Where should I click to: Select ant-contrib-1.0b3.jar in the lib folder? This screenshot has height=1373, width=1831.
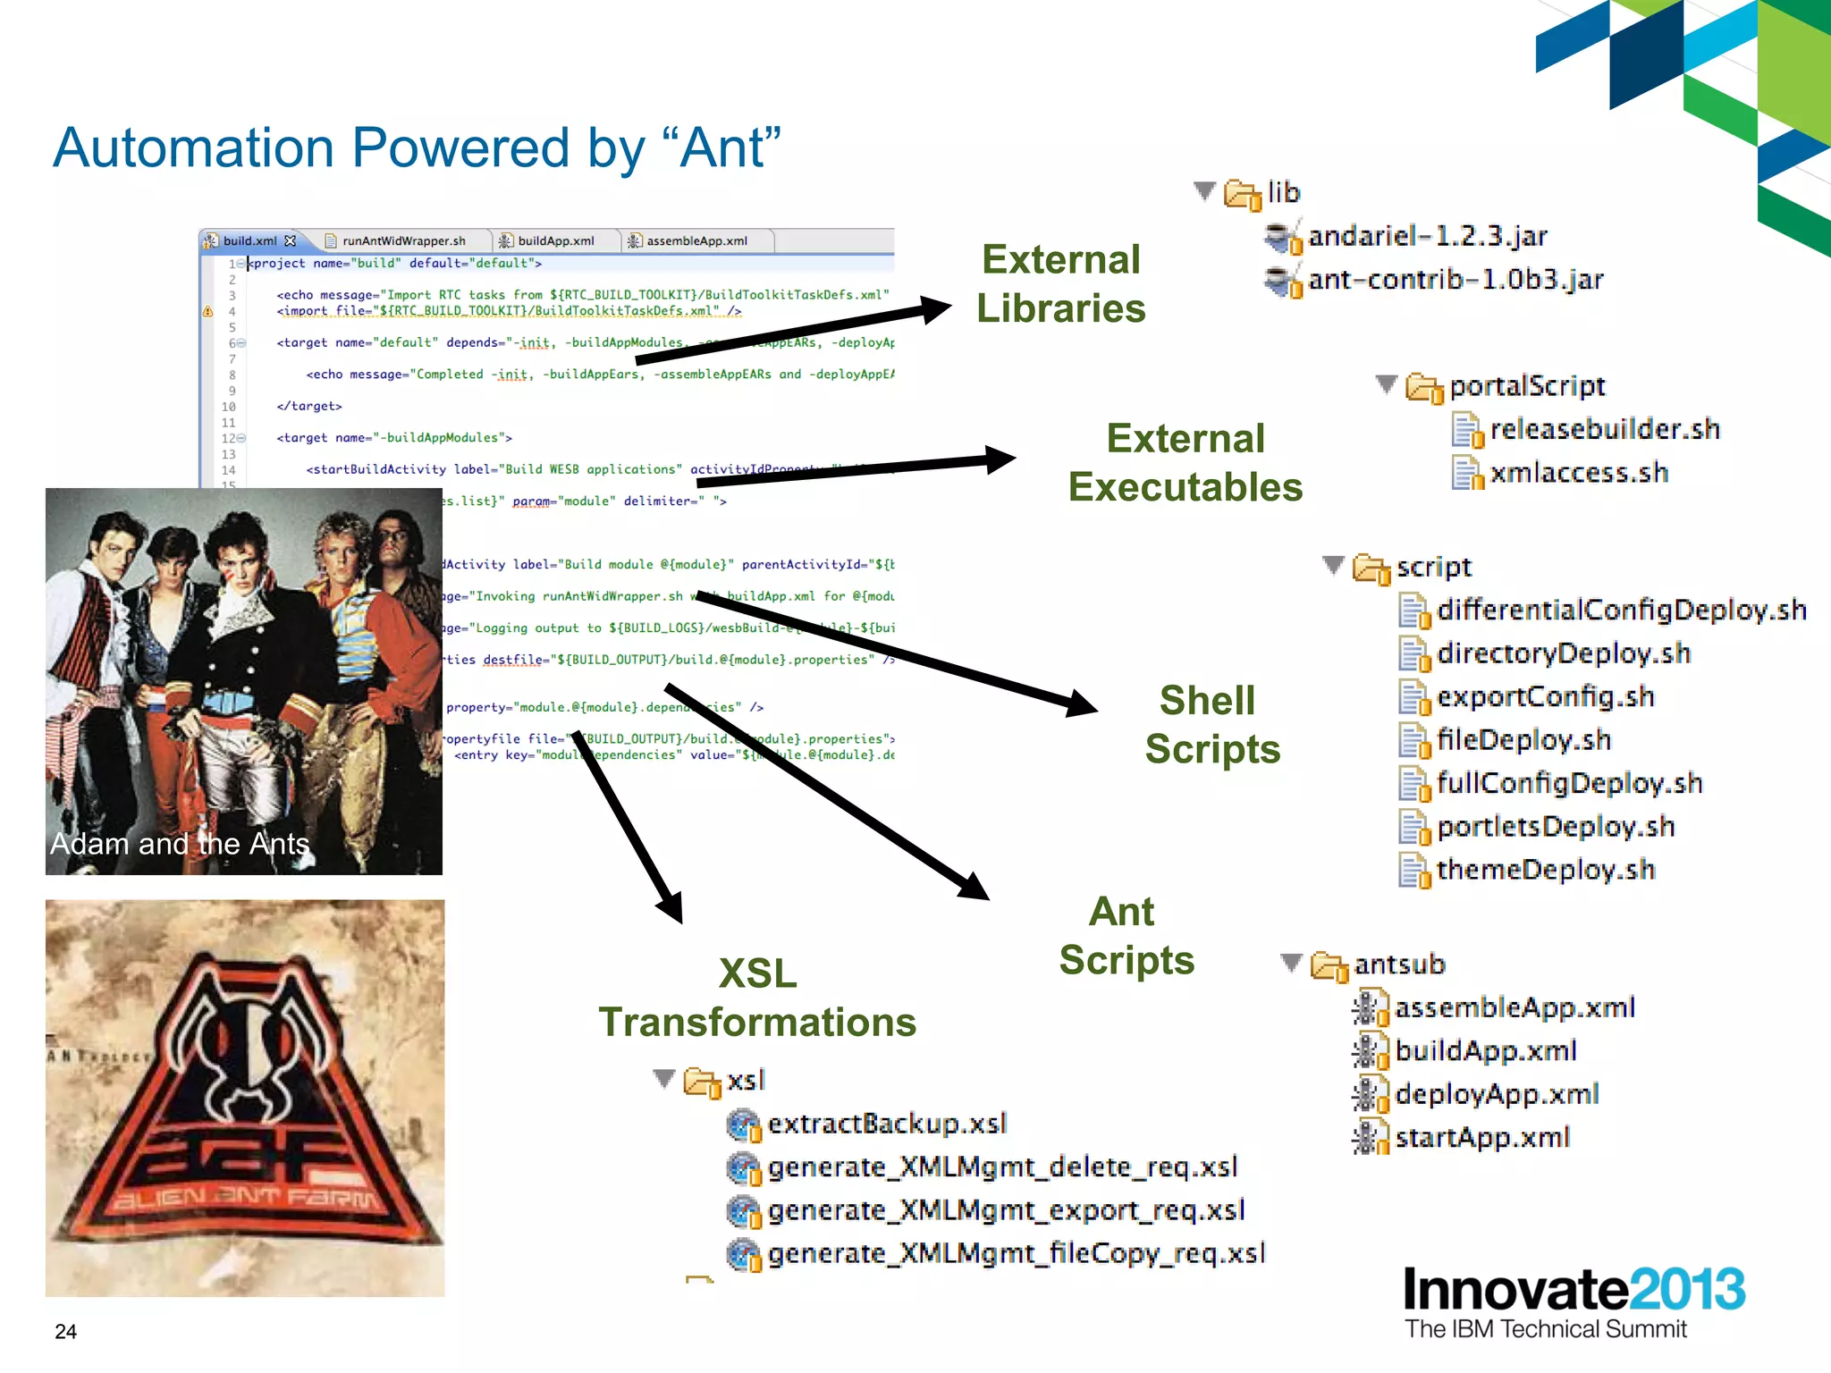(1455, 281)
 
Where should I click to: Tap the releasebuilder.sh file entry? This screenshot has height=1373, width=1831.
(1604, 430)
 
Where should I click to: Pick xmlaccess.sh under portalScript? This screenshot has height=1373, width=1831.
(1578, 473)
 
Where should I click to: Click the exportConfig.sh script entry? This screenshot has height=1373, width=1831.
(1545, 697)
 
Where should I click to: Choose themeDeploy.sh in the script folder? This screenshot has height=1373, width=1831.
(1545, 870)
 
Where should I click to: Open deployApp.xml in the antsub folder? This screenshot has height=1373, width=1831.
(1496, 1094)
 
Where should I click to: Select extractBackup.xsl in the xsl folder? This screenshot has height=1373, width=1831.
(886, 1124)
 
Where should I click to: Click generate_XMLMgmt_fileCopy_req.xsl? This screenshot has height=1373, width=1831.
(1016, 1253)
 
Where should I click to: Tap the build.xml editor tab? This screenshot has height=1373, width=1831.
(249, 241)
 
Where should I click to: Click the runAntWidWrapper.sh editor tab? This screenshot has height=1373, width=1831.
(403, 241)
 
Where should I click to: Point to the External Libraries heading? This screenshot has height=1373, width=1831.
(1060, 284)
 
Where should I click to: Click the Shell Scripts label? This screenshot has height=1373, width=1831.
(1211, 725)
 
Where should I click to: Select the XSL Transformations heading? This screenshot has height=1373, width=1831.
(757, 998)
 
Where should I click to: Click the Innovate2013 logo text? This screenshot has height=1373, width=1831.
(1573, 1290)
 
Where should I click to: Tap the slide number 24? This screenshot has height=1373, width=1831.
(66, 1331)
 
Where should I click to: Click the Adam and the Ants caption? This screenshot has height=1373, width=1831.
(180, 844)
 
